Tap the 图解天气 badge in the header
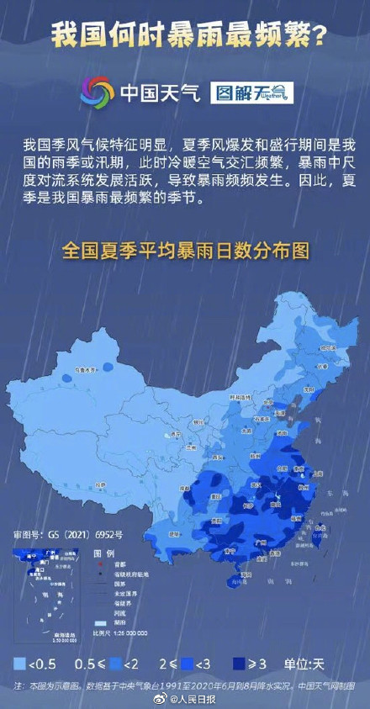[251, 93]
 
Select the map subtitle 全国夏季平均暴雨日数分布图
[186, 251]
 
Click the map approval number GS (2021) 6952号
[68, 534]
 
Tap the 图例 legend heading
[103, 553]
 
